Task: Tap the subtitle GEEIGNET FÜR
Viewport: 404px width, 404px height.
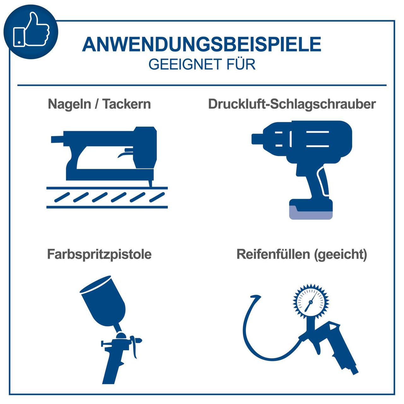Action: (x=202, y=64)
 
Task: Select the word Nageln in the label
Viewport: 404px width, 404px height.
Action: (x=69, y=104)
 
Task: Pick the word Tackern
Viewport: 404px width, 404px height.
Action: (x=126, y=104)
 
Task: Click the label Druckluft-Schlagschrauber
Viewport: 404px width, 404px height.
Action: (x=292, y=104)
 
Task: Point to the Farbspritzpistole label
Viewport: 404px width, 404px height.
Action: (x=99, y=254)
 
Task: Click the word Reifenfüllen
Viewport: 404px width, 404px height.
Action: (x=273, y=254)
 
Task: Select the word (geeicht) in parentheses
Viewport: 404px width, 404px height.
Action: (x=341, y=254)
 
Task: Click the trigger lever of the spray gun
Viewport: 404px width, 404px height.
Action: (x=135, y=349)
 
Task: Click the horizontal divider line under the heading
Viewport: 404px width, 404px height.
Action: (x=202, y=85)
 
